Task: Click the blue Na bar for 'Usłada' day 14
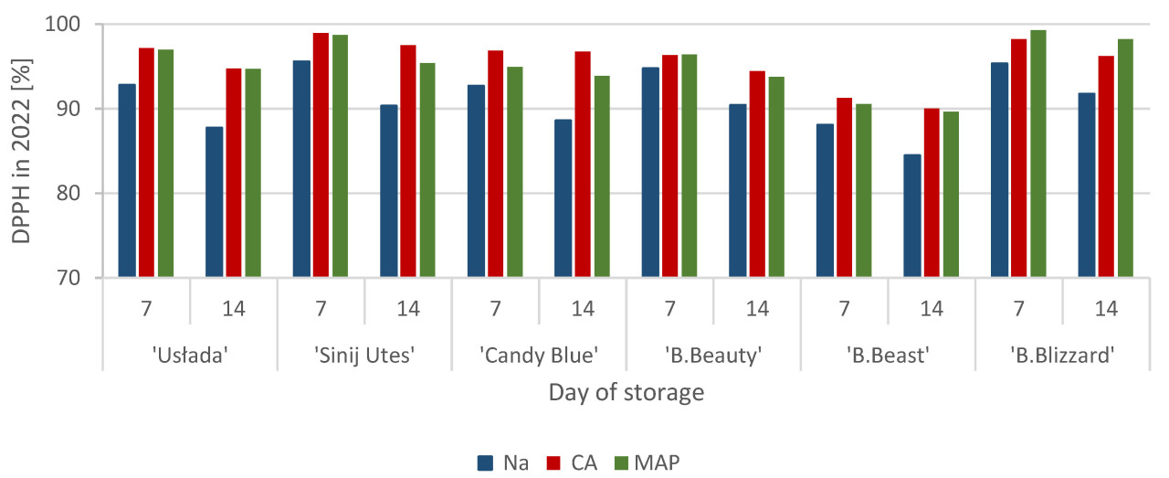(x=214, y=202)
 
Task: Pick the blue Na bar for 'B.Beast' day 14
(x=912, y=216)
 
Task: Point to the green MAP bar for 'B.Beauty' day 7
(x=690, y=166)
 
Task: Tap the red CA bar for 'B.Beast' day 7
(x=845, y=188)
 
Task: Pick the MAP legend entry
(x=651, y=462)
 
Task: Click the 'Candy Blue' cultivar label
(x=538, y=355)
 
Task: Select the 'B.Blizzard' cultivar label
(x=1063, y=355)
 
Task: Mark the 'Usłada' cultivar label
(x=189, y=355)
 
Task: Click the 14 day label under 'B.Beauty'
(x=757, y=309)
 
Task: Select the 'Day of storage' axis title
(x=626, y=393)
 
